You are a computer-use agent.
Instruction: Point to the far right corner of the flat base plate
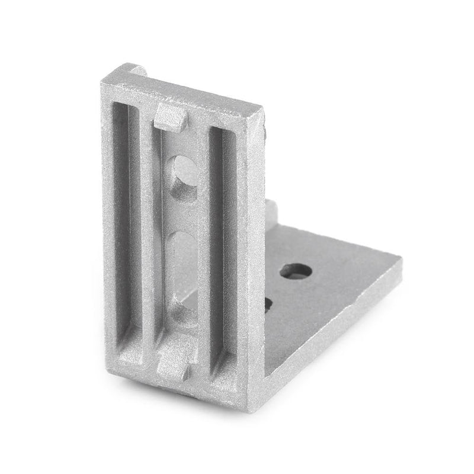click(x=402, y=259)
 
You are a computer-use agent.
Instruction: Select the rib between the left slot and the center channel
click(x=148, y=237)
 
